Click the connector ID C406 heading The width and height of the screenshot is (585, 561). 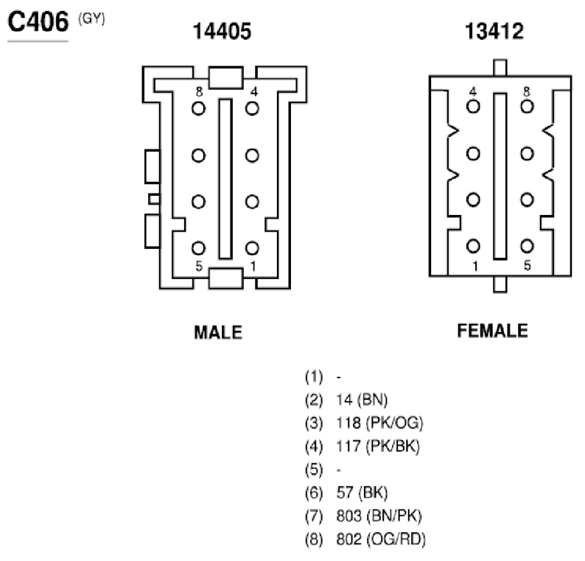[x=38, y=22]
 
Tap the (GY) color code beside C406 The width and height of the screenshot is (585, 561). [x=91, y=18]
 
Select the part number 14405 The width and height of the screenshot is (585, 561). [x=222, y=32]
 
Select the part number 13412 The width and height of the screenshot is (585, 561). [x=494, y=32]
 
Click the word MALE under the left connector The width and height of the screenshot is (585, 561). [x=218, y=332]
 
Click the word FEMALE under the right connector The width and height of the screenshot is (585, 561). [x=492, y=331]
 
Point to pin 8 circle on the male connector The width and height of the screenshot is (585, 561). [x=198, y=108]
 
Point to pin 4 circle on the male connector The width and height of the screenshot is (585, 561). [x=252, y=108]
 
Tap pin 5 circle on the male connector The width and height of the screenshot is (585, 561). [x=198, y=248]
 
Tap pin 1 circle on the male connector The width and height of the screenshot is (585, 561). [x=252, y=248]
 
